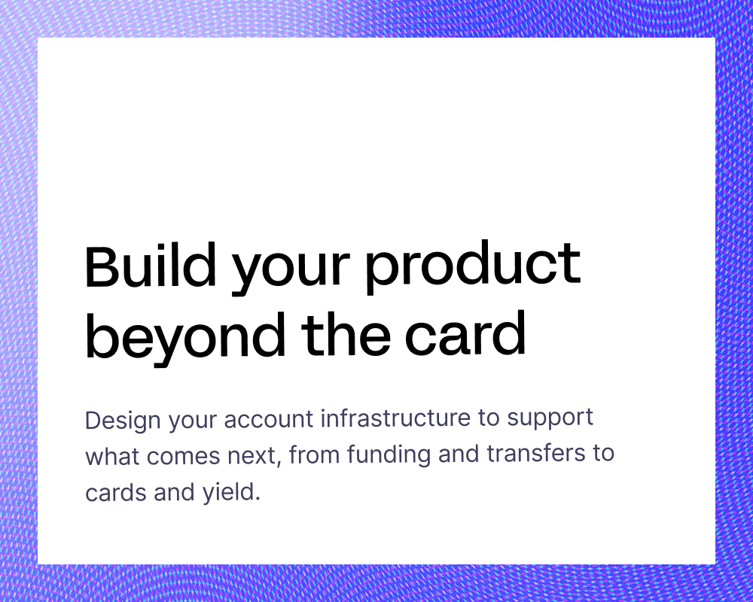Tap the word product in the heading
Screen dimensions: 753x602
[473, 267]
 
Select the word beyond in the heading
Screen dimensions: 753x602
[185, 336]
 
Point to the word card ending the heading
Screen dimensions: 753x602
[465, 333]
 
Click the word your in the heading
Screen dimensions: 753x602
[291, 272]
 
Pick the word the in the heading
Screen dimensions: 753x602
[346, 333]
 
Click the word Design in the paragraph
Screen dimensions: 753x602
[123, 421]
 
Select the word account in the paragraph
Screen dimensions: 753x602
[269, 419]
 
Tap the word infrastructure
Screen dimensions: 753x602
[395, 418]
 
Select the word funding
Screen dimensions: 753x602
[389, 455]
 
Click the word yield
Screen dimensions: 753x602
[227, 493]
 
